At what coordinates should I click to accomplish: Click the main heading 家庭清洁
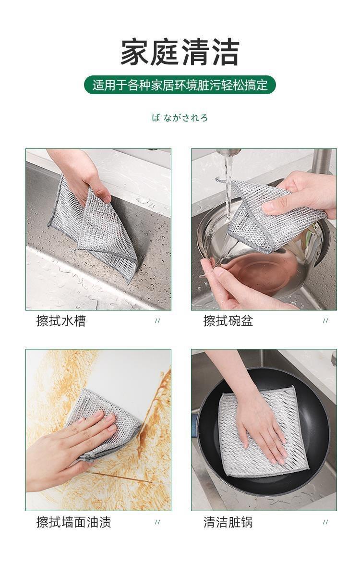180,52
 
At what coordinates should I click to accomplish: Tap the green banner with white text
180,85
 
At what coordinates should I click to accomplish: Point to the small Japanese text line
180,118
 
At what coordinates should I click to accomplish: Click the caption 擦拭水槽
61,320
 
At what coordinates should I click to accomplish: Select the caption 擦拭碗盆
228,320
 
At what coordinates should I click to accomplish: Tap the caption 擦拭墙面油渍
73,522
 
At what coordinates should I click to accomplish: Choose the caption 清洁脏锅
228,522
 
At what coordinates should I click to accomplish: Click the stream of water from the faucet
228,187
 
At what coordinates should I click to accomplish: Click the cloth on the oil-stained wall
108,424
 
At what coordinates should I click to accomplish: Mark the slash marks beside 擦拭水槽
157,321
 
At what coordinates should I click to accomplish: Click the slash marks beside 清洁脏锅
325,522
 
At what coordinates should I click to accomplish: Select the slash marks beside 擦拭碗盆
325,321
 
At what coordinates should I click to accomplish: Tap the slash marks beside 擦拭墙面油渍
157,522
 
